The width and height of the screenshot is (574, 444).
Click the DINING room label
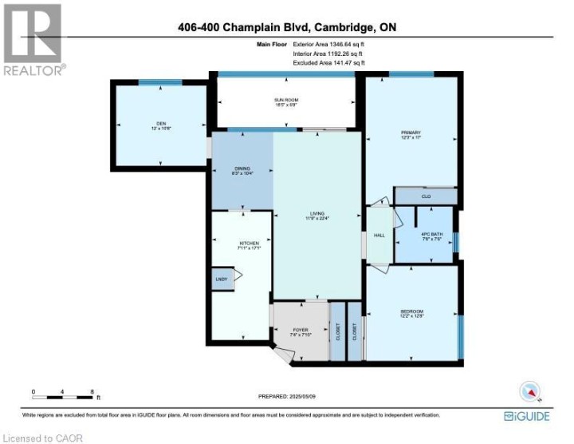[x=242, y=170]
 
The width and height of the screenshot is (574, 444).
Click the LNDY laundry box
[x=221, y=279]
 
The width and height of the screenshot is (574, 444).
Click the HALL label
[x=380, y=236]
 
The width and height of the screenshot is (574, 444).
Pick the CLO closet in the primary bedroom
[x=426, y=196]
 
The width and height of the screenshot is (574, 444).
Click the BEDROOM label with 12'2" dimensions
[x=411, y=313]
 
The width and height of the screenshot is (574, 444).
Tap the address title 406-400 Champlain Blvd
[x=288, y=28]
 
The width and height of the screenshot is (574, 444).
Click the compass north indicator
[x=530, y=391]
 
